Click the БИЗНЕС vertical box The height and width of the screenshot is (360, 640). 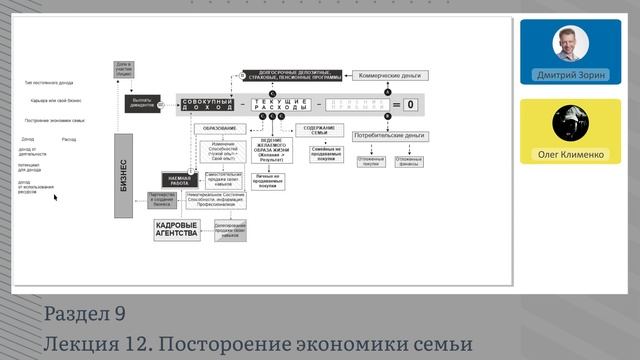coord(124,175)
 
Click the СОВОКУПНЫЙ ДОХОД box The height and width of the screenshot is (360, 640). coord(211,104)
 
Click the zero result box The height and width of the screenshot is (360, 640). coord(409,104)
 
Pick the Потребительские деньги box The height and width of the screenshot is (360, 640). coord(388,134)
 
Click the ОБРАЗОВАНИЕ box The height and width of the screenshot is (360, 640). coord(219,128)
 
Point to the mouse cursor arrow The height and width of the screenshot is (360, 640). coord(55,198)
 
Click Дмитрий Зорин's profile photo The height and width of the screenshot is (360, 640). coord(571,44)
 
